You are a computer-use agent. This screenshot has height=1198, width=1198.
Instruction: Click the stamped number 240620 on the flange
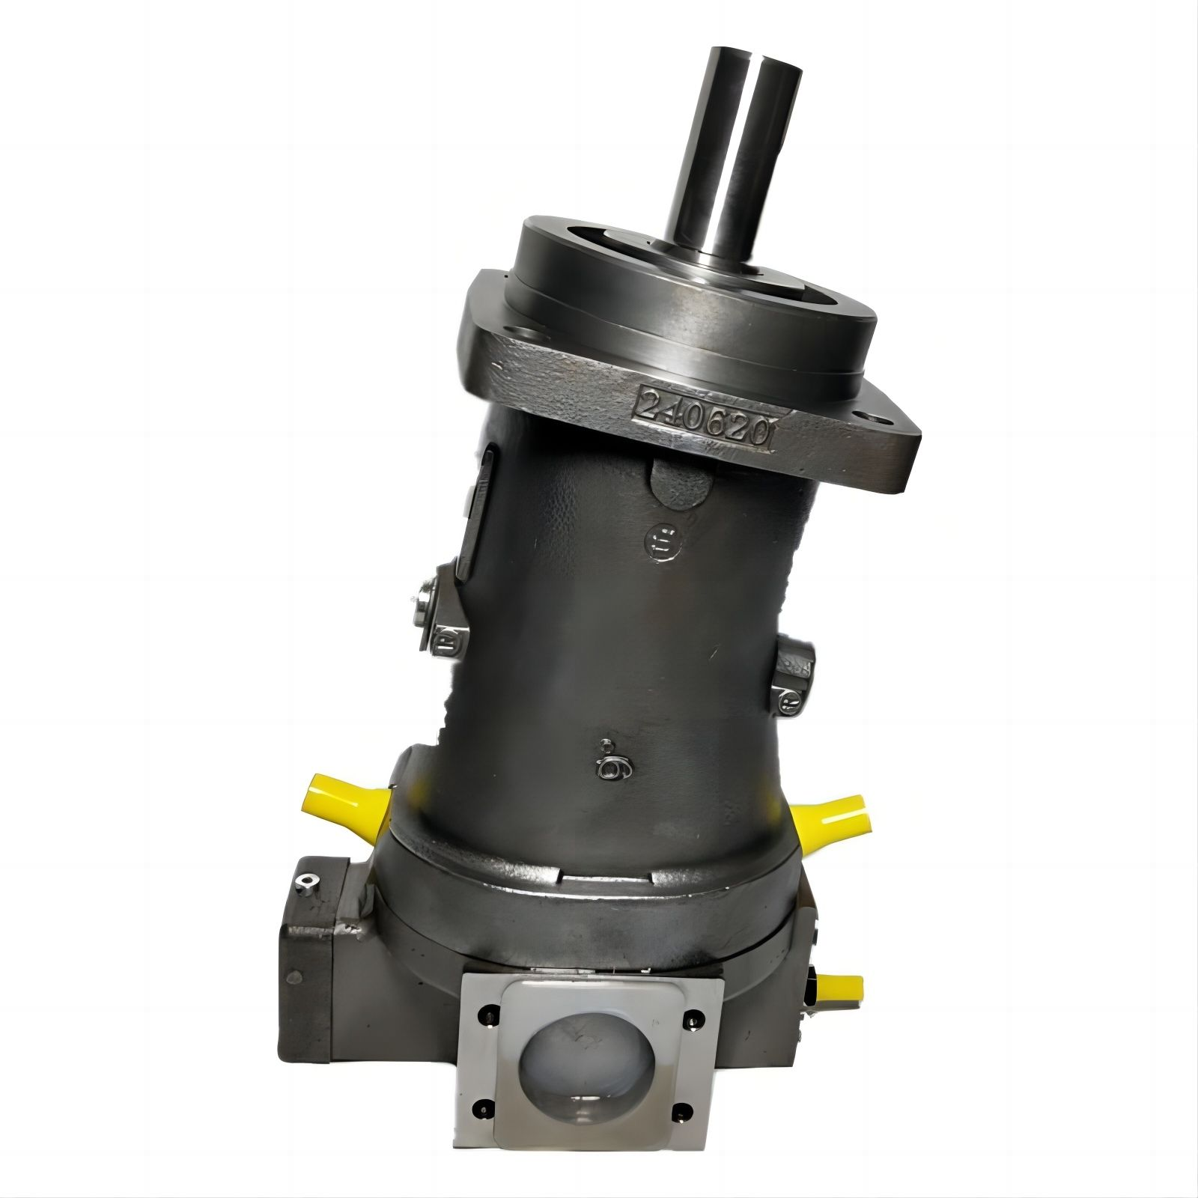(x=704, y=420)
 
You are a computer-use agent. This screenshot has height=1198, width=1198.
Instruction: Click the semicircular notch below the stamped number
(x=680, y=483)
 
